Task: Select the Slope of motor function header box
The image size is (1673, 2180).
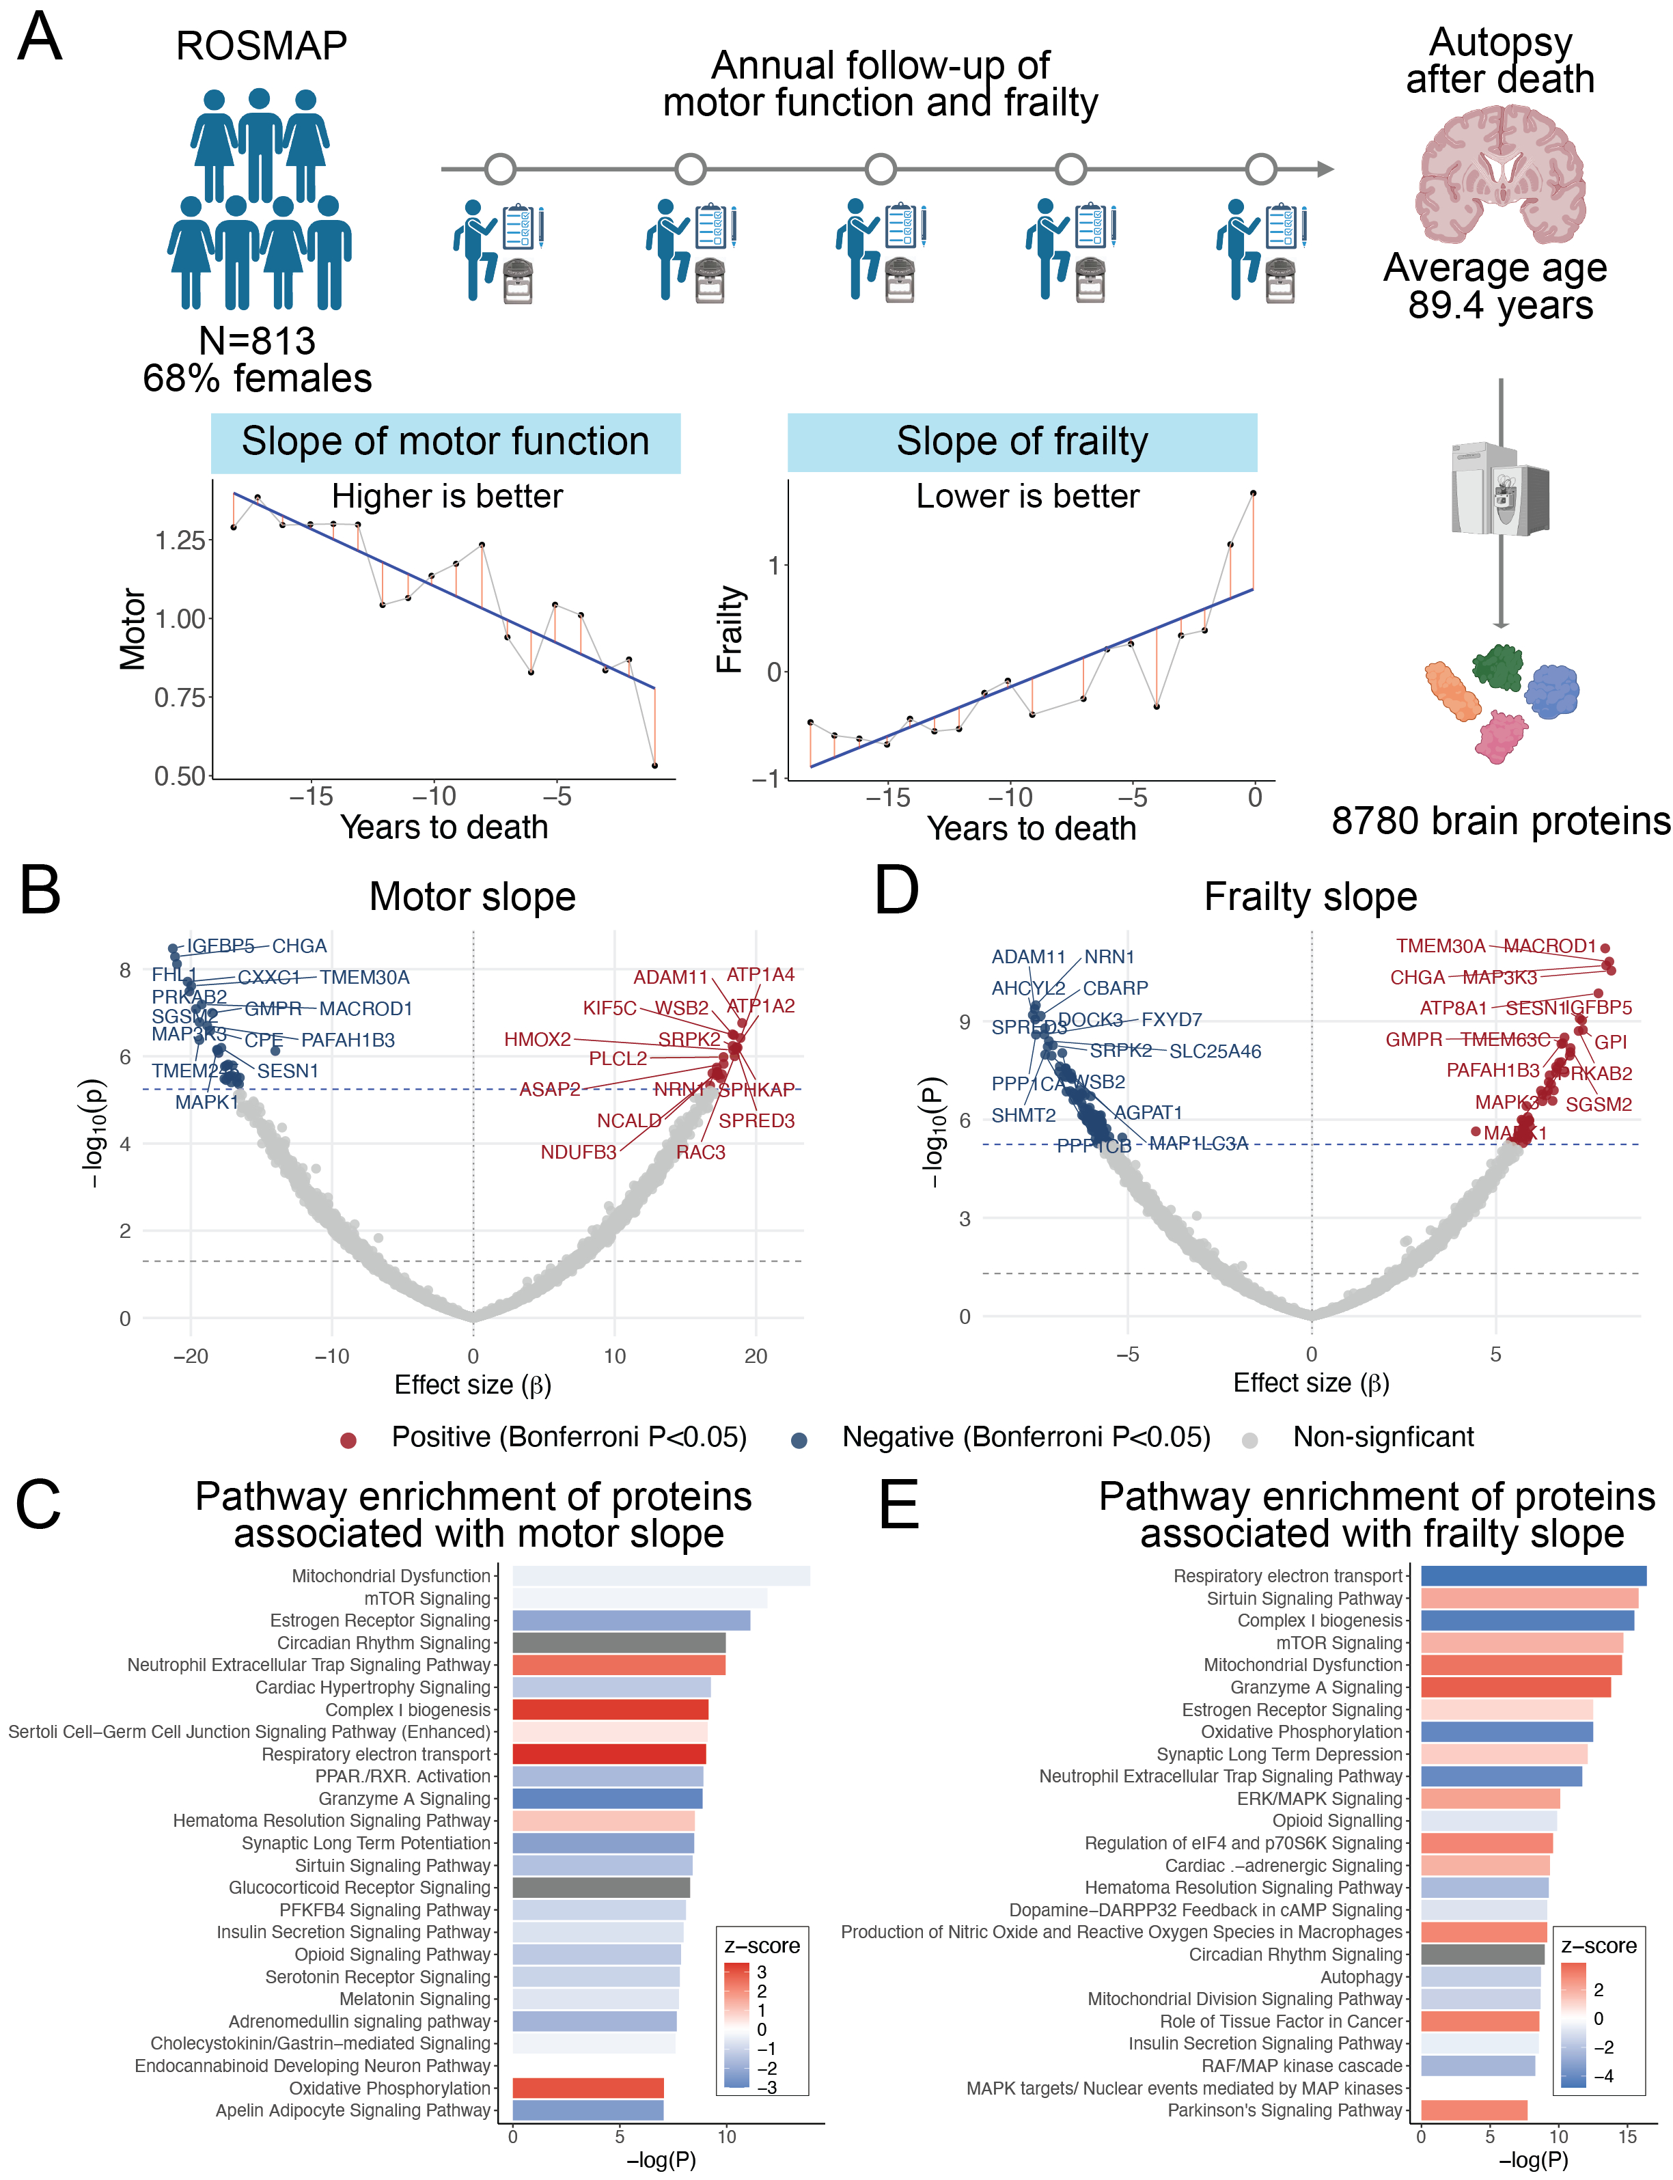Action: coord(445,442)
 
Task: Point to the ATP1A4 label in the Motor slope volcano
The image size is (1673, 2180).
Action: coord(761,975)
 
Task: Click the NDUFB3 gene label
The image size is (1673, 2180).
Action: coord(579,1153)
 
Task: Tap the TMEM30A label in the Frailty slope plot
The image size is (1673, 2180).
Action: coord(1440,946)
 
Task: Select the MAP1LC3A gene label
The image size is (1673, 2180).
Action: coord(1198,1143)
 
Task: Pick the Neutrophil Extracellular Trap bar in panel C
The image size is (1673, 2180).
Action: coord(618,1665)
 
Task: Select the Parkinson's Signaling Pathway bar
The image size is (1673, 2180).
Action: coord(1474,2110)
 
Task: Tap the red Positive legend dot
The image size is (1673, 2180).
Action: coord(348,1440)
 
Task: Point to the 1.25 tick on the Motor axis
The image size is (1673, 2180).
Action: coord(179,541)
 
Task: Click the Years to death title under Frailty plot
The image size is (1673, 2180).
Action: coord(1031,829)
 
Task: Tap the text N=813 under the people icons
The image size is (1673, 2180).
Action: coord(257,342)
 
